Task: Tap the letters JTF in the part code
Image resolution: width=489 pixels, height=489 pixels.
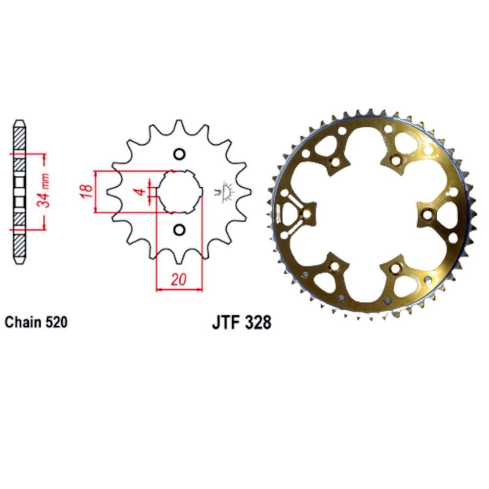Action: [226, 323]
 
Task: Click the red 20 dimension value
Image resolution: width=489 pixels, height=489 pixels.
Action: [179, 280]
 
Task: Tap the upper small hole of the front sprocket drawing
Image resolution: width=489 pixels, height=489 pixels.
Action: [179, 154]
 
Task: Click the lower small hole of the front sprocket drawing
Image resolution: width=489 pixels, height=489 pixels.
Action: [179, 229]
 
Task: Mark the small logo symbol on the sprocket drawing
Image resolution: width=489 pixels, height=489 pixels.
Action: [226, 192]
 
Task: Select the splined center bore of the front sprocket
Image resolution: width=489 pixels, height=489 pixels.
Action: [179, 191]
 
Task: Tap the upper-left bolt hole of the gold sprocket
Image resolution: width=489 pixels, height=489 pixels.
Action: [335, 161]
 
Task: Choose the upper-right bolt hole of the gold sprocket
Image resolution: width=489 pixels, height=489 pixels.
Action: [396, 158]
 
